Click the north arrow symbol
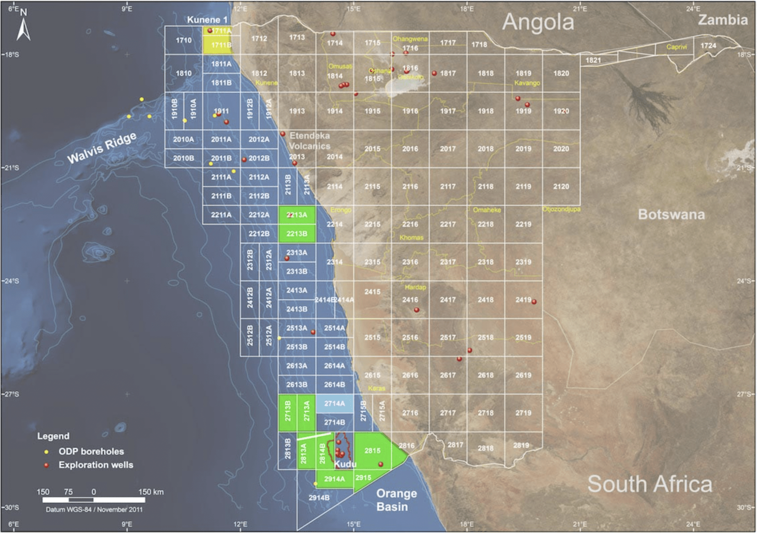(24, 27)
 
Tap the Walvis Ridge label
(102, 148)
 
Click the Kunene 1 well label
(207, 20)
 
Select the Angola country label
(538, 22)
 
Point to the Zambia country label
(723, 20)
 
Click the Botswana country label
(671, 215)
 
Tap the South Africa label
(649, 484)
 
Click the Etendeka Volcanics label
(310, 141)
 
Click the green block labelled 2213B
(297, 233)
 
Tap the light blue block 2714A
(334, 403)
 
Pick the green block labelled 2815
(373, 451)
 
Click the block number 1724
(708, 45)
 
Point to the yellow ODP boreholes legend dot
(46, 452)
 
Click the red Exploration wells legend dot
(46, 465)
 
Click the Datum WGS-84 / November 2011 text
(94, 510)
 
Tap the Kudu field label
(345, 464)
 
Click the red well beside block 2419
(534, 302)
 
